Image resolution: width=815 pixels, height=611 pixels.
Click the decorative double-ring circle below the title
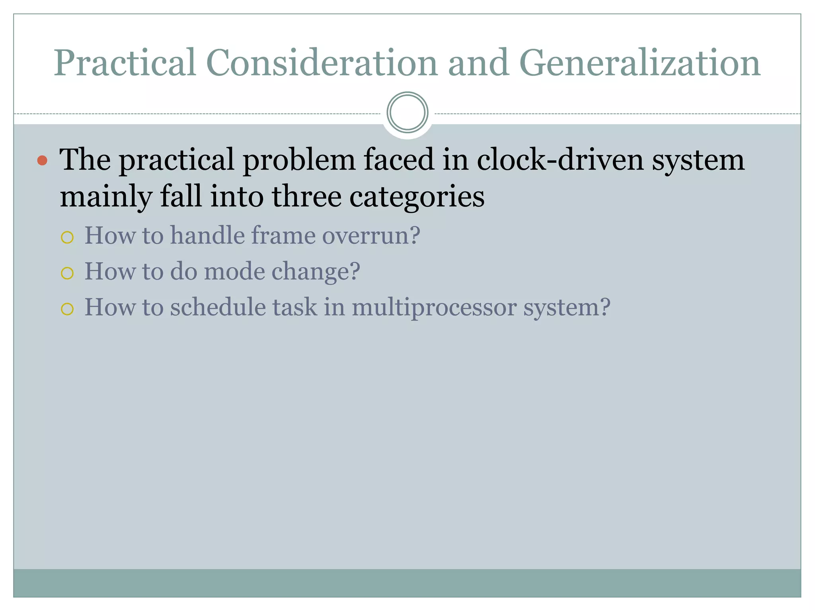(x=407, y=112)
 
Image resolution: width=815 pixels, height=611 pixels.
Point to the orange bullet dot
(x=42, y=161)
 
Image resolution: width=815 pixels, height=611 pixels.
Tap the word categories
(x=417, y=197)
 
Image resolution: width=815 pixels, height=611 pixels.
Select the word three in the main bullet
(x=306, y=197)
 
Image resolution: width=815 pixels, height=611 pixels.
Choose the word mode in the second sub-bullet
(x=234, y=271)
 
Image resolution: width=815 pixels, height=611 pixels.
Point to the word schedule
(x=218, y=307)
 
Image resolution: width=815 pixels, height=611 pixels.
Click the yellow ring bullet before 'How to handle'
(x=67, y=237)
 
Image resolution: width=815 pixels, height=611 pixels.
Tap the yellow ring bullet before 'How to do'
(x=67, y=273)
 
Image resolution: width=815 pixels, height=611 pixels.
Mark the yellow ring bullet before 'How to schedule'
(x=67, y=309)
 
